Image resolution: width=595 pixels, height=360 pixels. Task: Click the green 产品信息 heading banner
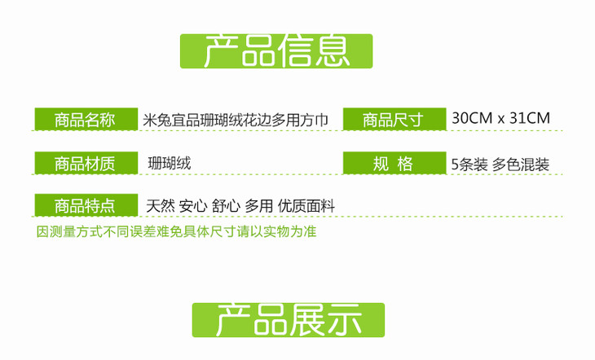[x=275, y=51]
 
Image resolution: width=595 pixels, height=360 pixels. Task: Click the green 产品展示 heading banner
[x=288, y=320]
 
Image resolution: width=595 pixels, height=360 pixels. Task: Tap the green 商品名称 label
[x=85, y=120]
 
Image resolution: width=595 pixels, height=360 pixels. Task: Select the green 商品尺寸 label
[x=393, y=120]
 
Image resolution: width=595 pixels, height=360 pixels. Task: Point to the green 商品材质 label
[x=85, y=163]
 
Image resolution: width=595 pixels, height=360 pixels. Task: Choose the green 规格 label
[x=393, y=163]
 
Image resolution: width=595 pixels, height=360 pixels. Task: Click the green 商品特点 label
[x=85, y=205]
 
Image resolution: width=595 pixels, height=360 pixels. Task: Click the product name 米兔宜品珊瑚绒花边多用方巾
[x=236, y=120]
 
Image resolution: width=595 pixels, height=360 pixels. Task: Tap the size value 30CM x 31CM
[x=500, y=118]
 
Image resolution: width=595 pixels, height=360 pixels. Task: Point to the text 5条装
[x=469, y=164]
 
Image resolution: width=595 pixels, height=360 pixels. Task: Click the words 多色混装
[x=521, y=164]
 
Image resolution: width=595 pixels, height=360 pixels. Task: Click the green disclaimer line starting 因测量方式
[x=176, y=231]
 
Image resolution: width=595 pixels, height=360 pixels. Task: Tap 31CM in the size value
[x=529, y=118]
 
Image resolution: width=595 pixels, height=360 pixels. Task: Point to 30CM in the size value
[x=471, y=118]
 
